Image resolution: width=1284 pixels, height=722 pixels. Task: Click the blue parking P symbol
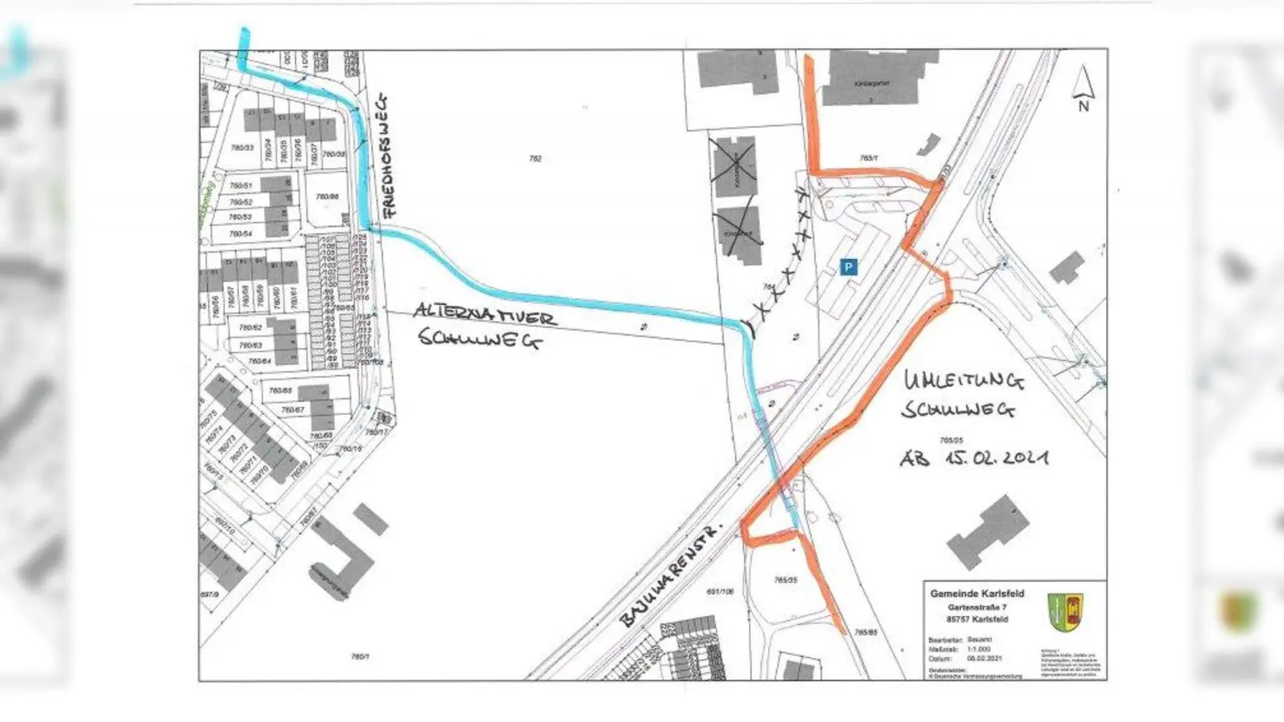point(848,267)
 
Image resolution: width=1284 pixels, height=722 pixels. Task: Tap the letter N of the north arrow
point(1083,106)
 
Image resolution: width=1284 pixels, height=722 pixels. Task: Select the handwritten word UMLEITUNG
point(964,382)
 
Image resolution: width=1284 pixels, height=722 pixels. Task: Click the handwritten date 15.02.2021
point(996,458)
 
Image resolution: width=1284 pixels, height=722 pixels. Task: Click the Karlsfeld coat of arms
point(1065,612)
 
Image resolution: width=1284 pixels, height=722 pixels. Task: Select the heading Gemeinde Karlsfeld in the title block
point(977,594)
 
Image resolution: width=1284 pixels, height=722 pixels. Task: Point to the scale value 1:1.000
point(978,649)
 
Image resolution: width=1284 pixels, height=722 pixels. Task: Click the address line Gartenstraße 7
point(977,607)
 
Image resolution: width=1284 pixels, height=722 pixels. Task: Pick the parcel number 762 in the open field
point(535,159)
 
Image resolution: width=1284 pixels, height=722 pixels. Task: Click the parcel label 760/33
point(242,148)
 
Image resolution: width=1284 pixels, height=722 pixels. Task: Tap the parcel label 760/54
point(241,233)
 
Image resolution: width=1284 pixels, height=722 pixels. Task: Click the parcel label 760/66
point(327,197)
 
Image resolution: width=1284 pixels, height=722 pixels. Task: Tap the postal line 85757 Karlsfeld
point(977,619)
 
